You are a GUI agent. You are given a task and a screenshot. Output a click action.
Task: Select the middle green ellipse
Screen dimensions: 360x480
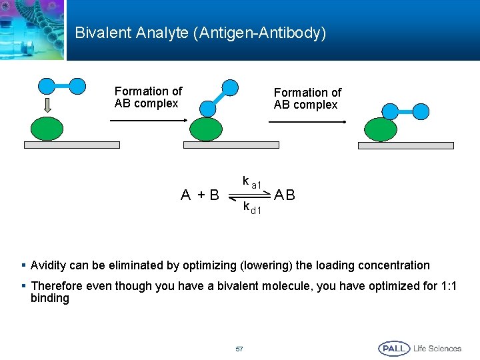[x=209, y=129]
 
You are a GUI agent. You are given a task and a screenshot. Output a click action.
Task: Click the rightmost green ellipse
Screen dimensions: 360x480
[x=381, y=129]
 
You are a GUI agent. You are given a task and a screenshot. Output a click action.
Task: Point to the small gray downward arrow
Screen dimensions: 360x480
[x=47, y=105]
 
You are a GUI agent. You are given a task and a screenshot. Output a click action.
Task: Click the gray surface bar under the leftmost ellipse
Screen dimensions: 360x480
[x=72, y=145]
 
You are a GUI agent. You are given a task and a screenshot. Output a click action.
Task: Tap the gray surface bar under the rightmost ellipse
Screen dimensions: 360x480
[x=406, y=145]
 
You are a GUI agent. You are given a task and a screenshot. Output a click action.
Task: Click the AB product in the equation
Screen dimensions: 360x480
[x=285, y=195]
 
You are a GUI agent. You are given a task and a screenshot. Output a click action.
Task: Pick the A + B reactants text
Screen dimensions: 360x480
[x=201, y=195]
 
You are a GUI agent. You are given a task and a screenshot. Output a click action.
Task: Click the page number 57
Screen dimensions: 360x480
[x=239, y=349]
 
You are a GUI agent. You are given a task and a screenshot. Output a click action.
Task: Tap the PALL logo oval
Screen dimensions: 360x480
[x=394, y=349]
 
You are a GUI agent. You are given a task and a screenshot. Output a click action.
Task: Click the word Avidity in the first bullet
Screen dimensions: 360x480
[x=49, y=265]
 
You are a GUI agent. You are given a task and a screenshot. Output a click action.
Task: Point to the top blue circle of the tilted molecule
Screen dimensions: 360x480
[x=230, y=87]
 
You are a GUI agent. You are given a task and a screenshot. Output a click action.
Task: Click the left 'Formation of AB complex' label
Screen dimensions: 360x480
[x=148, y=97]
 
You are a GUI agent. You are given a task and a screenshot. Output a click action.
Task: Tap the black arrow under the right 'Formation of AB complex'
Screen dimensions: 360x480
[x=307, y=122]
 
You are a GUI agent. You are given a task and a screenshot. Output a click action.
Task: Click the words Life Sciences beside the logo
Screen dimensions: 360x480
[x=437, y=349]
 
